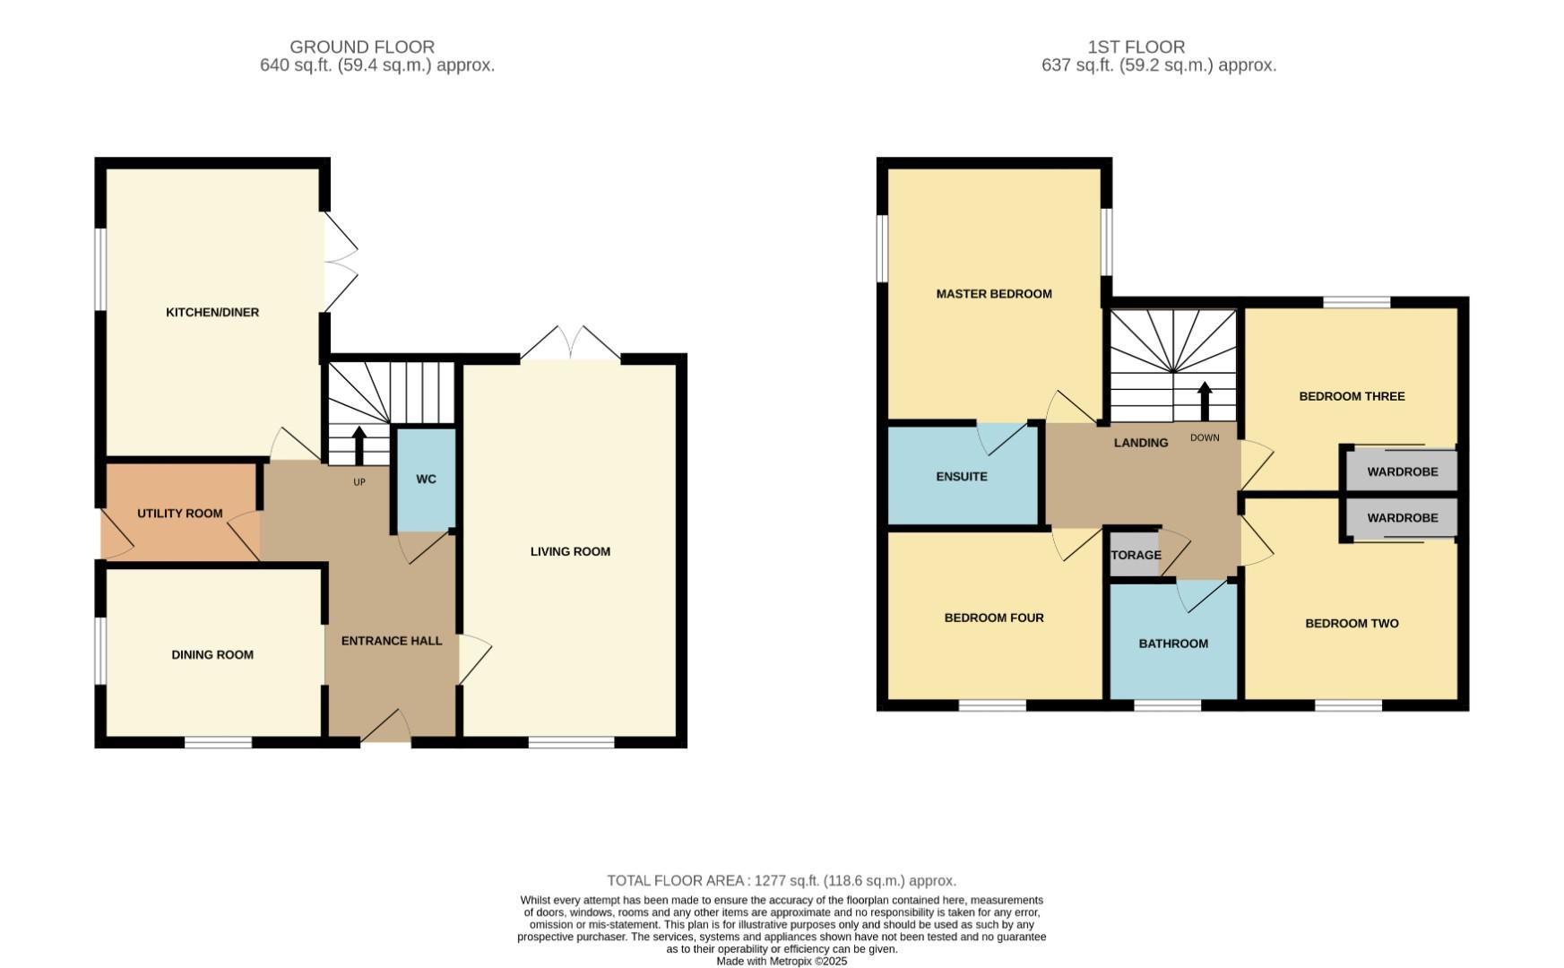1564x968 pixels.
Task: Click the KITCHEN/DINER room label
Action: click(212, 313)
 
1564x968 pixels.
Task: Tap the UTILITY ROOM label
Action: click(179, 514)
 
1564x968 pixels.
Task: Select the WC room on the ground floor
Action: click(426, 480)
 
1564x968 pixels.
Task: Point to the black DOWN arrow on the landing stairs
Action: click(1205, 402)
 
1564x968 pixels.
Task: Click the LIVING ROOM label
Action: click(570, 552)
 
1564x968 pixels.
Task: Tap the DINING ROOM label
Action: click(212, 655)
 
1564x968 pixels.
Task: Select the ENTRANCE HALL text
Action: click(392, 641)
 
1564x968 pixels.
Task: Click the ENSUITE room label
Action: click(962, 477)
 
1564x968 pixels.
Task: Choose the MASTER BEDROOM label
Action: click(994, 294)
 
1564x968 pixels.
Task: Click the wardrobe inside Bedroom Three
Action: click(1402, 471)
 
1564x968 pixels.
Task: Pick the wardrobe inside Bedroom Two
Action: click(1402, 518)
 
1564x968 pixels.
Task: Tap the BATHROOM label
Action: click(1173, 644)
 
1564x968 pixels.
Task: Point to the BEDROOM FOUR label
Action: click(994, 618)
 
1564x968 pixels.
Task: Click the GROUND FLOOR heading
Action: click(362, 47)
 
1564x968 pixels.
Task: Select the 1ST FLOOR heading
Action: click(1136, 47)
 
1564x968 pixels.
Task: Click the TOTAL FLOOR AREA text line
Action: click(782, 881)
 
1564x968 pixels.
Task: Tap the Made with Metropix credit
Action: click(782, 961)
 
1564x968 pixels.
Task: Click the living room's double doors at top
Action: click(570, 344)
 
